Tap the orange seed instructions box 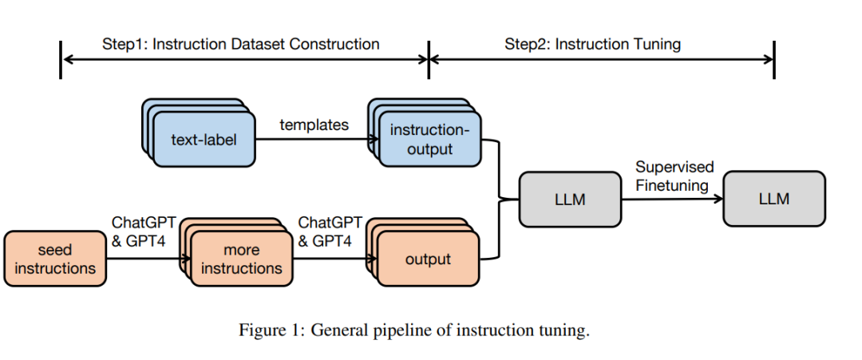55,259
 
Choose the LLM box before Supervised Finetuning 570,199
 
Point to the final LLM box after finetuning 774,199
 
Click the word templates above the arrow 314,125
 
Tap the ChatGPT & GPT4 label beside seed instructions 144,231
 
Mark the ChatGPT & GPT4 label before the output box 330,231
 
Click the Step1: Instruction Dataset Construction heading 241,44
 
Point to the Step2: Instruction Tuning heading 592,44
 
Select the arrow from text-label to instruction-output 317,139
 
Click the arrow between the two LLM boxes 672,199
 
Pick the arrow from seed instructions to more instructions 148,259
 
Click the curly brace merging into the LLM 499,199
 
